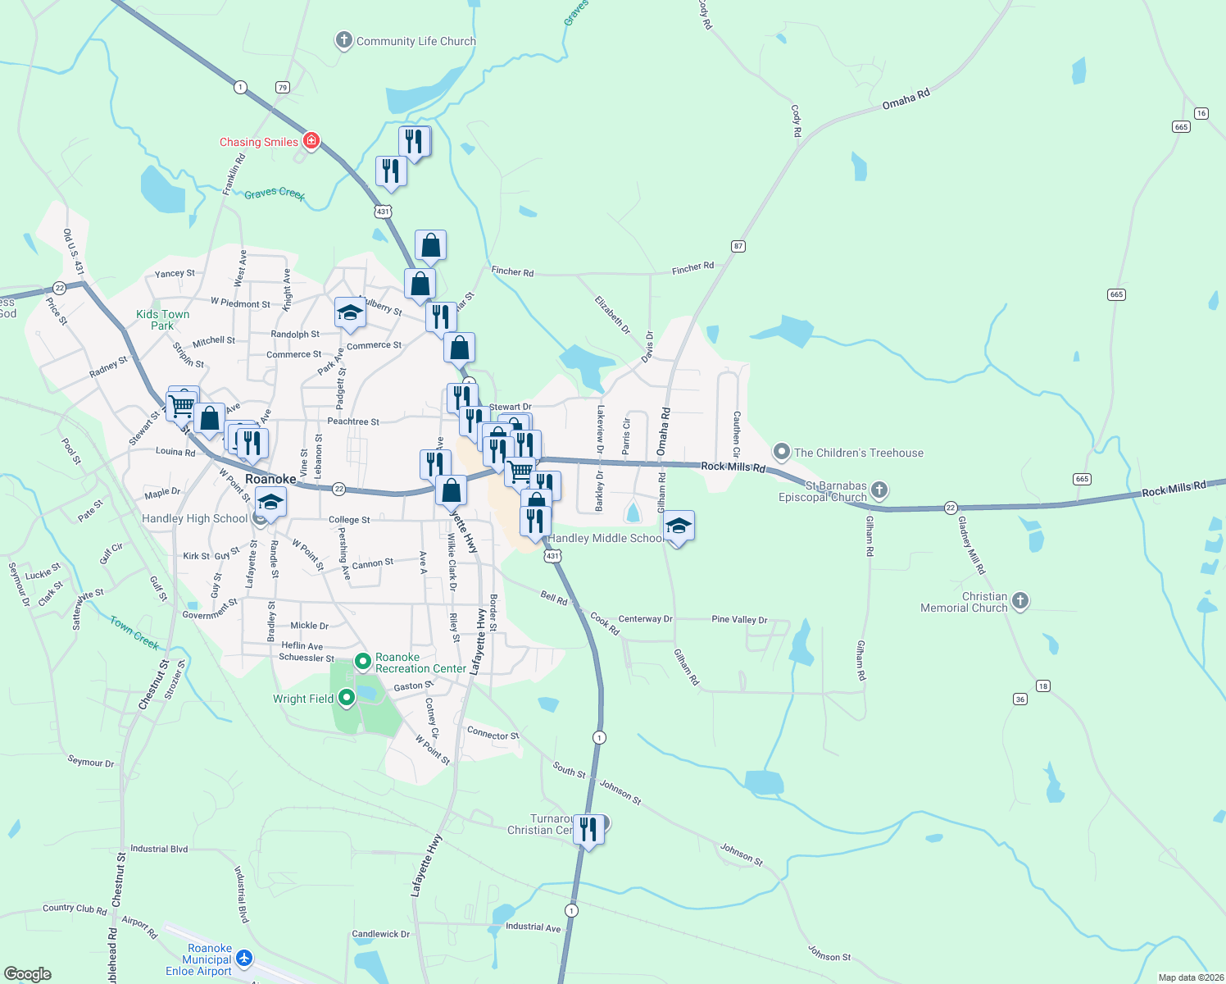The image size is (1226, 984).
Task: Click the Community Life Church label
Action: [x=415, y=41]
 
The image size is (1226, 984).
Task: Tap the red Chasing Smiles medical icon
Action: [x=311, y=141]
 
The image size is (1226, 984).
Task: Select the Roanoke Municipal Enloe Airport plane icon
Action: [x=244, y=958]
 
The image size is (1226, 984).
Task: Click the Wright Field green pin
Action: [x=347, y=698]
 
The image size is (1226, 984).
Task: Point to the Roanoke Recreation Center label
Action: [x=420, y=663]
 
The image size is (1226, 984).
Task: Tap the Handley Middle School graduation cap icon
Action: [x=679, y=526]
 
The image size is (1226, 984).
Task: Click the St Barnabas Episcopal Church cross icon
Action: [x=879, y=490]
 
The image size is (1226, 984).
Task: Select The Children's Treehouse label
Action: [x=858, y=453]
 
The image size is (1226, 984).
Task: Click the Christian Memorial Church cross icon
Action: [x=1020, y=601]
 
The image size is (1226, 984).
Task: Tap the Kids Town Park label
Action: [x=162, y=320]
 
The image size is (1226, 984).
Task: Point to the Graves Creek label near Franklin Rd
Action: [x=275, y=194]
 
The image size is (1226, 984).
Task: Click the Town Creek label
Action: [x=134, y=632]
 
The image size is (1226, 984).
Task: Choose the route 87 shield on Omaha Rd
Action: [x=738, y=246]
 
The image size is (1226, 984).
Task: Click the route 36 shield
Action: [x=1020, y=699]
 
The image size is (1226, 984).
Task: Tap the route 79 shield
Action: [x=283, y=88]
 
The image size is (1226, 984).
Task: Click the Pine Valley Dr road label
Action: [x=739, y=620]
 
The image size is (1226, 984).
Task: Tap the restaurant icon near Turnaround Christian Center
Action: [x=588, y=830]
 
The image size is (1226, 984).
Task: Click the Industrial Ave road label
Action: [x=533, y=927]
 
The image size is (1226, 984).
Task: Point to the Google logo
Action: [x=28, y=974]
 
